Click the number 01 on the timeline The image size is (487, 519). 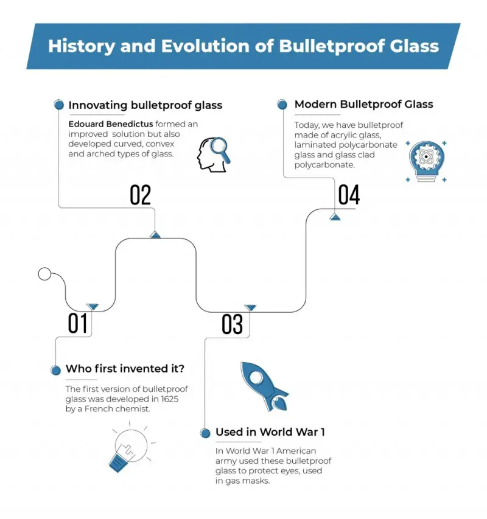point(77,324)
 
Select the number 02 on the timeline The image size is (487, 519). point(140,195)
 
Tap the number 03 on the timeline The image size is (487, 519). point(232,324)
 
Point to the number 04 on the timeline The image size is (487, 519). point(349,195)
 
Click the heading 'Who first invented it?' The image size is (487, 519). point(125,369)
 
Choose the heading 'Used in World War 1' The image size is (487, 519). point(270,432)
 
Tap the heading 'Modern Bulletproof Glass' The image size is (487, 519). point(363,104)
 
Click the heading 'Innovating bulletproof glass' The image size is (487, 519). point(145,105)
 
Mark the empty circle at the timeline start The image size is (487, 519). point(44,274)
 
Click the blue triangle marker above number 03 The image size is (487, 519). point(250,308)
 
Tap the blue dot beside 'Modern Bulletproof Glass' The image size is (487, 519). point(282,105)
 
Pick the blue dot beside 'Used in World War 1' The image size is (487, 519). point(205,433)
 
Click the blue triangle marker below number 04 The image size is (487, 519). point(335,217)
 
